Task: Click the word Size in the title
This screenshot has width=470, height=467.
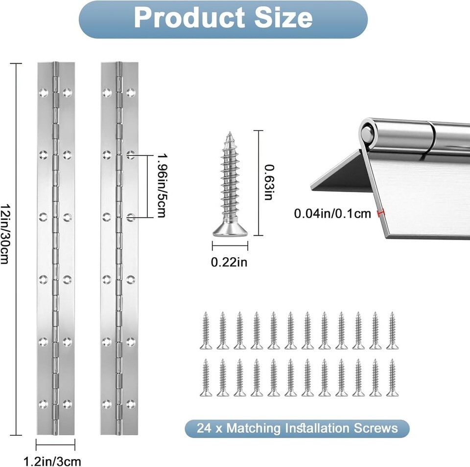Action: click(283, 18)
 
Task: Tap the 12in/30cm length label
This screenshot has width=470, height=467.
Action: click(5, 234)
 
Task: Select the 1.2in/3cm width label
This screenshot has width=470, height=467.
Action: click(52, 461)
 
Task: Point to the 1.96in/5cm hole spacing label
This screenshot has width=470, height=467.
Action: click(162, 186)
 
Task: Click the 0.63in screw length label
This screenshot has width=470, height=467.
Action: click(269, 182)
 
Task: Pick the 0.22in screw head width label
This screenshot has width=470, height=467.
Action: click(229, 262)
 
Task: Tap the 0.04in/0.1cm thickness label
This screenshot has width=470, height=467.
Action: click(332, 213)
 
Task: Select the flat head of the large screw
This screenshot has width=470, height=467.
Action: click(230, 230)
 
